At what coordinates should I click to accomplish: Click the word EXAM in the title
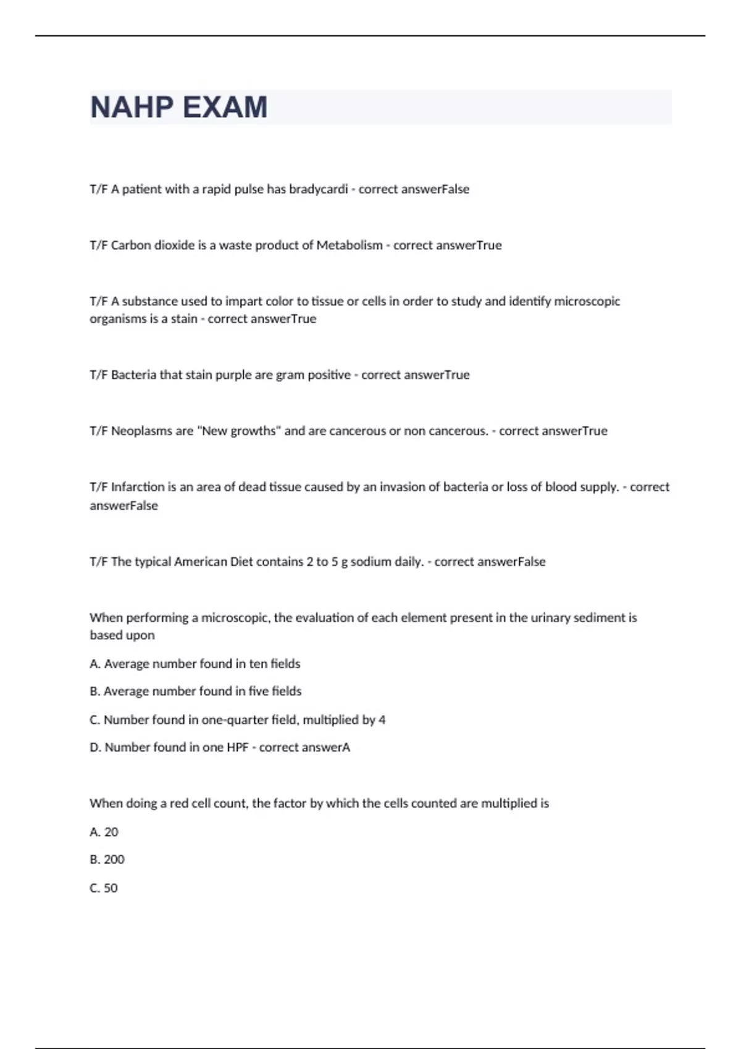click(x=225, y=107)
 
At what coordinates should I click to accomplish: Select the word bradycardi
click(x=318, y=189)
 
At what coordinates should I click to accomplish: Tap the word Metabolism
click(x=350, y=245)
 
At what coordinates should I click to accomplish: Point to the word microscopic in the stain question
click(x=587, y=301)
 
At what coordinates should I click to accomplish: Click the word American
click(x=201, y=562)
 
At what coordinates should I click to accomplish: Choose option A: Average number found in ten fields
click(x=195, y=663)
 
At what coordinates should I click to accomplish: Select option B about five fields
click(x=196, y=691)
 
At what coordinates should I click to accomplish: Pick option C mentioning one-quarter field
click(x=238, y=719)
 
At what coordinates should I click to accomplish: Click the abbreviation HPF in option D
click(x=237, y=747)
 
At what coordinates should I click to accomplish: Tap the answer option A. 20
click(x=104, y=832)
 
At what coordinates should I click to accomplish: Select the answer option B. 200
click(x=107, y=860)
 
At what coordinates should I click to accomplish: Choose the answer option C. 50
click(x=104, y=888)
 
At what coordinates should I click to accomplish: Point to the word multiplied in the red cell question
click(x=509, y=803)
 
